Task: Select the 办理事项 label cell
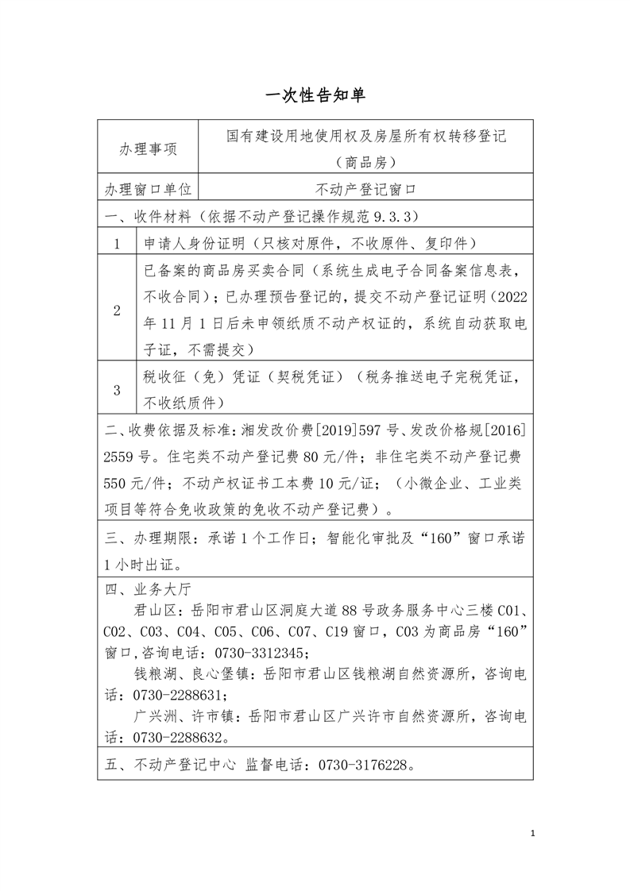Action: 148,149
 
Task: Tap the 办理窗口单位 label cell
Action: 148,189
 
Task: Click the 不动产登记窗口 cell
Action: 366,189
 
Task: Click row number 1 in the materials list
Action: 117,242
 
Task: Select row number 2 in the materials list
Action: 117,310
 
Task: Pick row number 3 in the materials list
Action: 117,389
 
